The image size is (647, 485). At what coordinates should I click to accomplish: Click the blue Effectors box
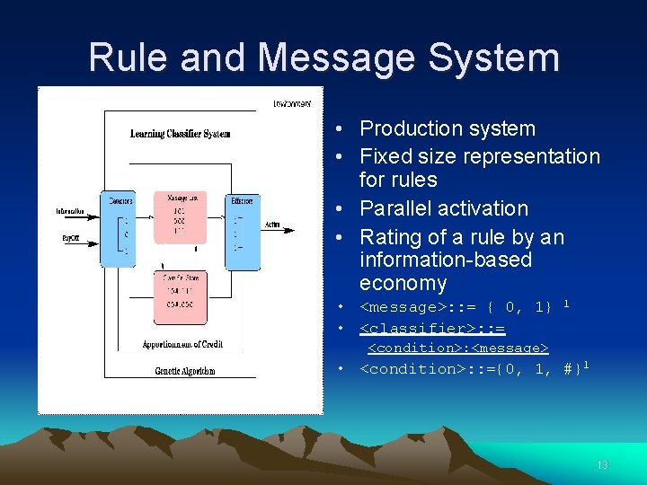pos(243,229)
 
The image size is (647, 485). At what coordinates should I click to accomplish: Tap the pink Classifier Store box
pos(179,296)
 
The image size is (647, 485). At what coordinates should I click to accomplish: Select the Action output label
pos(272,225)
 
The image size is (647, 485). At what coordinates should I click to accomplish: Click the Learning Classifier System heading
pos(180,134)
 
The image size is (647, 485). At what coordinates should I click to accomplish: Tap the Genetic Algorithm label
pos(185,370)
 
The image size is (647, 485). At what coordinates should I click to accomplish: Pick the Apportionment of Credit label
pos(182,345)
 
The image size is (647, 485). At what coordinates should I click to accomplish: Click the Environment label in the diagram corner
pos(294,104)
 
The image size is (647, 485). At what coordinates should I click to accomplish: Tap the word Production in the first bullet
pos(410,128)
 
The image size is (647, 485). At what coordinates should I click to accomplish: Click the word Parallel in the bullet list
pos(401,208)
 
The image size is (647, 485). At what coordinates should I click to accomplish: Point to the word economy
pos(403,284)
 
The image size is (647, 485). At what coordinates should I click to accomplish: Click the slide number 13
pos(602,464)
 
